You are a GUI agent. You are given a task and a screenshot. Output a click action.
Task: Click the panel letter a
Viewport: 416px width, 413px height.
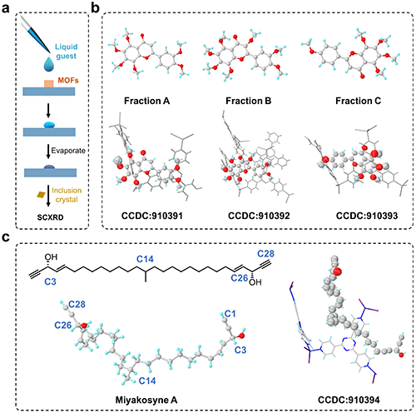point(5,8)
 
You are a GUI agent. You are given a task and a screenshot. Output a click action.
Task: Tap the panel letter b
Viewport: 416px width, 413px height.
point(95,7)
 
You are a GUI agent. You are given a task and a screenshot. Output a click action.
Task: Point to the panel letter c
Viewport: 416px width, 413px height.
point(6,237)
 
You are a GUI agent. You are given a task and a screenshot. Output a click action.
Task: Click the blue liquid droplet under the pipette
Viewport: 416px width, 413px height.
point(49,64)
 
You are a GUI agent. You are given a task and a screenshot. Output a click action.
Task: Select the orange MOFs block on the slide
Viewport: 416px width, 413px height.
point(49,84)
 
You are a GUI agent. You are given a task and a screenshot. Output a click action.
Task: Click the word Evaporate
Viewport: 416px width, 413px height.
point(68,151)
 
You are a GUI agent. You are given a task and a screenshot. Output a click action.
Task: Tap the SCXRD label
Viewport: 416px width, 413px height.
point(50,217)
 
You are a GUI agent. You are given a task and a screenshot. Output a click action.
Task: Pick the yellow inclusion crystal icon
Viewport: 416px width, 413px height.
point(41,195)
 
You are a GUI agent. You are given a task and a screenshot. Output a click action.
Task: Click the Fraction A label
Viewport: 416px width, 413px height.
point(146,101)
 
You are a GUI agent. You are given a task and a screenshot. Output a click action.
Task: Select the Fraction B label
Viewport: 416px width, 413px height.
point(248,101)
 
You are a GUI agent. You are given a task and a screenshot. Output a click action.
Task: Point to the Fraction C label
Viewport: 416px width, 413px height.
point(358,101)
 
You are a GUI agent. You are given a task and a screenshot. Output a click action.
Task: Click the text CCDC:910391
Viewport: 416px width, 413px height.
point(152,216)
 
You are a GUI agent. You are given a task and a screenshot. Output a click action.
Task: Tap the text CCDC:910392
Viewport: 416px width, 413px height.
point(259,216)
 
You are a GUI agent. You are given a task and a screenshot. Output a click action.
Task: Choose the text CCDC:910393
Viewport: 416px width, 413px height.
point(367,216)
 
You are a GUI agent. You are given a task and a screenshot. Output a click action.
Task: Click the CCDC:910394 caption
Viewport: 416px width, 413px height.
point(349,400)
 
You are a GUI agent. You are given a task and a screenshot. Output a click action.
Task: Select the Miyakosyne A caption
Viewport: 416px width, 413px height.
point(146,400)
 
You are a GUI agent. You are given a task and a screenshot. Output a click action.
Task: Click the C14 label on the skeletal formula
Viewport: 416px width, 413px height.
point(145,259)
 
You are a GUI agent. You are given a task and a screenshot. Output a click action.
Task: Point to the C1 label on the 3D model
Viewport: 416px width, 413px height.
point(230,314)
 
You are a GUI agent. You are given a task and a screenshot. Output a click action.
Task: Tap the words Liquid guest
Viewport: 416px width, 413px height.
point(66,52)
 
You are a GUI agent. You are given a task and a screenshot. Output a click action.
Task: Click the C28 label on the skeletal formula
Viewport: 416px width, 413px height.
point(265,254)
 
